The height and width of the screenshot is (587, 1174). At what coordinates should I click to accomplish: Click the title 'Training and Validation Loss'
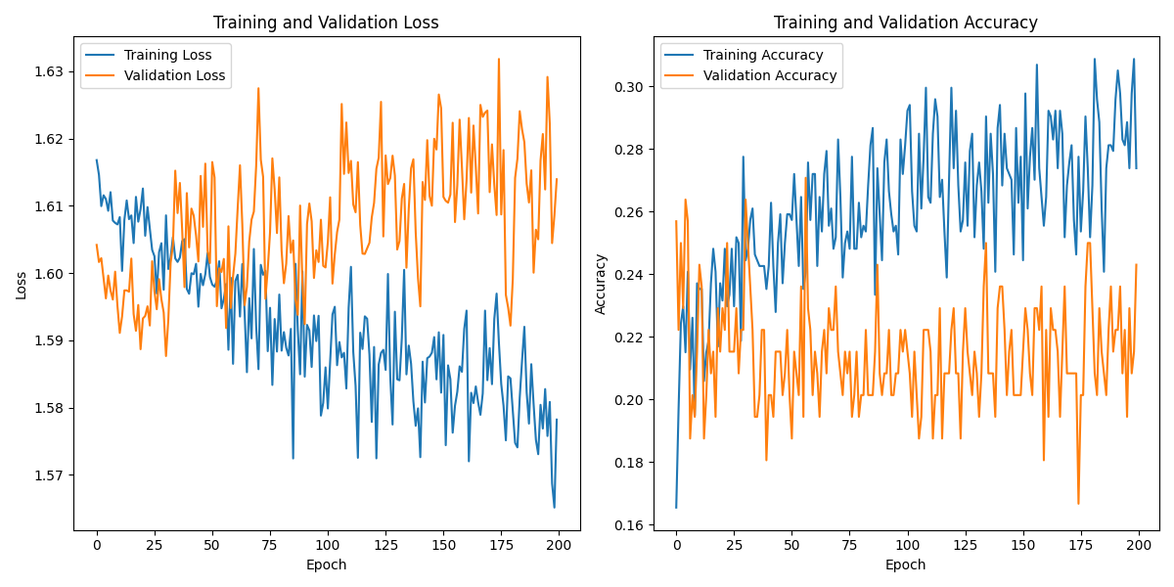[326, 23]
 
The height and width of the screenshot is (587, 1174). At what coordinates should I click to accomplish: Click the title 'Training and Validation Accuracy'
[905, 23]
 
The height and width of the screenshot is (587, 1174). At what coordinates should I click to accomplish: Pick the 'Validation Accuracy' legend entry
[770, 75]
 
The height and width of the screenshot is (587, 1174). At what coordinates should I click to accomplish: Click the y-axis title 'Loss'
[21, 284]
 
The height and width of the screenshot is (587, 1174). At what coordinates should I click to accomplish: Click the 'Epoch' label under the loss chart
[326, 564]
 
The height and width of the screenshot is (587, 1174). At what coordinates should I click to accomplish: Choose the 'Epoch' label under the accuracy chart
[905, 564]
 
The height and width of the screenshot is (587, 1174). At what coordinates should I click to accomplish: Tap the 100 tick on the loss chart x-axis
[328, 545]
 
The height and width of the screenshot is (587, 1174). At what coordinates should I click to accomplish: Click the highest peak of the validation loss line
[498, 59]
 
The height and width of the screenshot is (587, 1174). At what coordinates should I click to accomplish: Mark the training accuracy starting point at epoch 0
[676, 507]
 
